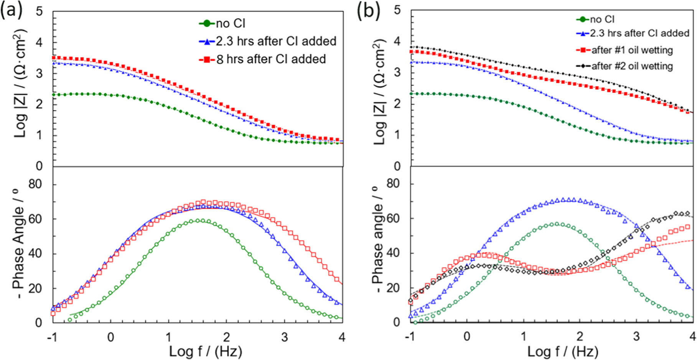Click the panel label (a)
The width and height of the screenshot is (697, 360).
click(12, 11)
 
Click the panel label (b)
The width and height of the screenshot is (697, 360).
click(368, 11)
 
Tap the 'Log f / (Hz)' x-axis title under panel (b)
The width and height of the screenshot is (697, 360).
click(562, 351)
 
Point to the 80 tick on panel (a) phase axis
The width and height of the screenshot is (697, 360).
click(35, 184)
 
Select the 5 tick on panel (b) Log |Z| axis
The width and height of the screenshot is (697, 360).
click(397, 10)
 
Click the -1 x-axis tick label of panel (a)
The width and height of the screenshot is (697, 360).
click(52, 337)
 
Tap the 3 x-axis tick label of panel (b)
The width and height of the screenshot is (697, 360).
click(636, 337)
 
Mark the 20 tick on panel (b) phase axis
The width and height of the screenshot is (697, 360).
click(394, 288)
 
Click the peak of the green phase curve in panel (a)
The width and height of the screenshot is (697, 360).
click(198, 220)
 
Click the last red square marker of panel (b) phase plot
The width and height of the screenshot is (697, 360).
click(687, 227)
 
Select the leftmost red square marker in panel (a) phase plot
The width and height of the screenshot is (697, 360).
click(53, 313)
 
